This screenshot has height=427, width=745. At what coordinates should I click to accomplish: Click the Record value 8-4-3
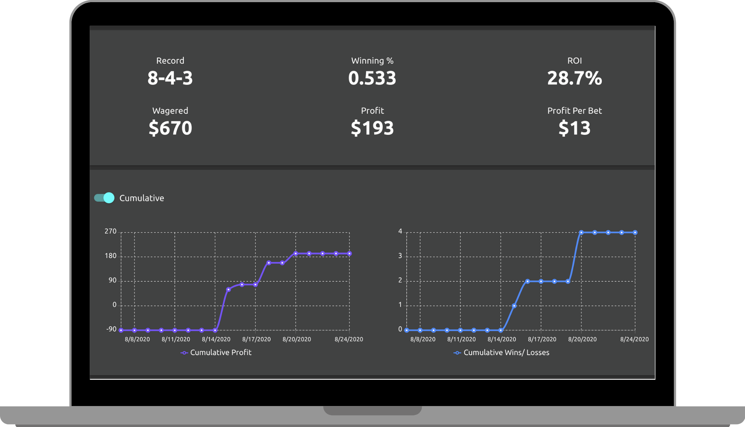point(170,78)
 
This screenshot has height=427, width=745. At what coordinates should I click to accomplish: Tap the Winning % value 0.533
point(372,78)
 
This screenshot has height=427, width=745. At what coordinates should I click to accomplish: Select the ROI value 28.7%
point(574,78)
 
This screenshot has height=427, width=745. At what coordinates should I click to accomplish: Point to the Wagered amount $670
point(170,128)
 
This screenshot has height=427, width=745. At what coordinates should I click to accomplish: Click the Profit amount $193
point(372,128)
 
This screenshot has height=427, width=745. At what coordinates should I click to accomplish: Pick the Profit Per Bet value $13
point(574,128)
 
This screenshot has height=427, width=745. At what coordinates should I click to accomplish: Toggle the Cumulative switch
point(104,198)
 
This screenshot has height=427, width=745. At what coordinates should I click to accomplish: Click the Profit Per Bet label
point(574,111)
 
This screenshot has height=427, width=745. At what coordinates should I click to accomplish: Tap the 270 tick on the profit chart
point(110,231)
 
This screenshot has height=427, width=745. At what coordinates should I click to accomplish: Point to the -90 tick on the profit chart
point(111,329)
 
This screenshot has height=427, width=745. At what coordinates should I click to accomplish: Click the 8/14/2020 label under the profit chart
point(216,339)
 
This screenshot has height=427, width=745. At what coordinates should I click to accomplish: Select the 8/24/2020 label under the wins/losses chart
point(634,339)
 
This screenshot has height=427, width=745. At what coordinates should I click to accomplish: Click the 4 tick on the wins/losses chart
point(400,231)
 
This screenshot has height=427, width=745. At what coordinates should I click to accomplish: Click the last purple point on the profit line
point(349,254)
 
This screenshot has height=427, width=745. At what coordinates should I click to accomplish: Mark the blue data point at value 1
point(514,306)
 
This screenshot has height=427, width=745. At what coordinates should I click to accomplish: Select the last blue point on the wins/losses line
point(635,232)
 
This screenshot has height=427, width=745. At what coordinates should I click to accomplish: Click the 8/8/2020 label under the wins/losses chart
point(423,339)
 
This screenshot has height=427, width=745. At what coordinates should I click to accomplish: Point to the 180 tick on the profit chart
point(110,256)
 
